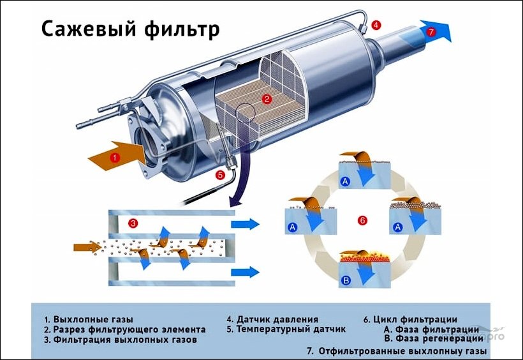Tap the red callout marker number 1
tap(114, 157)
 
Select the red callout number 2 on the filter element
tap(267, 99)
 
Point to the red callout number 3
tap(133, 223)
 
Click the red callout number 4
tap(376, 26)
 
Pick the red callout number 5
tap(220, 174)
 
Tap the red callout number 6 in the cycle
tap(362, 221)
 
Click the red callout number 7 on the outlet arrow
tap(431, 31)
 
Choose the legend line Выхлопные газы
tap(89, 319)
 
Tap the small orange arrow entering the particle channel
tap(87, 246)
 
